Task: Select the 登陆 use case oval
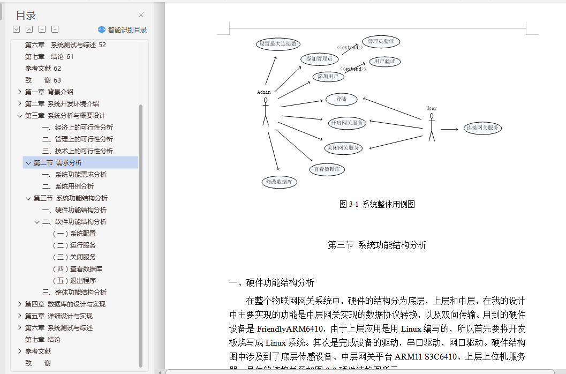point(341,99)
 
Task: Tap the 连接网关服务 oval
point(482,128)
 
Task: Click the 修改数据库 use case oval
point(279,182)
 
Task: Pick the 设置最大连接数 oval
point(277,44)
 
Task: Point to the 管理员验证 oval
point(381,41)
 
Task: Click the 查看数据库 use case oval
point(327,169)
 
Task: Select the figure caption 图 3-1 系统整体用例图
point(377,204)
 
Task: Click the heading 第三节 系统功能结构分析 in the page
point(377,245)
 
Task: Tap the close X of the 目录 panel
point(141,15)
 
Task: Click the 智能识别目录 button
point(122,30)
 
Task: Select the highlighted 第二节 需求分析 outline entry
point(58,163)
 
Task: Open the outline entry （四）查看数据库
point(77,269)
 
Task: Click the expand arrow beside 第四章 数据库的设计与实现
point(20,304)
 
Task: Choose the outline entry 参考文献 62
point(43,69)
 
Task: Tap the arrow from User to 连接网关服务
point(450,129)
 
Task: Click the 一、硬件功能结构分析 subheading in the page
point(271,282)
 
